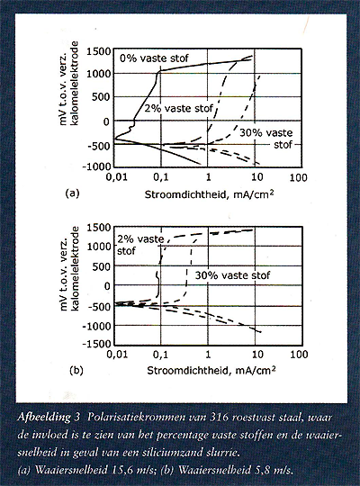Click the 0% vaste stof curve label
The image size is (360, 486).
[154, 58]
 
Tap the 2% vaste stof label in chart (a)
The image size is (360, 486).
[179, 108]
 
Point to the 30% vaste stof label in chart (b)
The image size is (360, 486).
[232, 275]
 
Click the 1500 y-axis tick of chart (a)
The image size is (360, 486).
[98, 51]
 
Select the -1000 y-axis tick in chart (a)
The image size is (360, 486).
[96, 166]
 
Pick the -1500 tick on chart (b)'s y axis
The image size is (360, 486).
[96, 344]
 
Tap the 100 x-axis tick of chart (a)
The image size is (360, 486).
[298, 178]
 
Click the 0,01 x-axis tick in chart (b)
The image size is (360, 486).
[117, 355]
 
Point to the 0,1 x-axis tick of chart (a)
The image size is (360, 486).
[160, 177]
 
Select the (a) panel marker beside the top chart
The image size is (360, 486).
[73, 193]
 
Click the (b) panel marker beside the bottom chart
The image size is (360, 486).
[76, 371]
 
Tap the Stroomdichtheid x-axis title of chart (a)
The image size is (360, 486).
[210, 194]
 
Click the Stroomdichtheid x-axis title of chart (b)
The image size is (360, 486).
[211, 370]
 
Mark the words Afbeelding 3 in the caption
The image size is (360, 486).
[49, 418]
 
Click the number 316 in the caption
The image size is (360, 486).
[219, 418]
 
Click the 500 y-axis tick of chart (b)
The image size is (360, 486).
[103, 266]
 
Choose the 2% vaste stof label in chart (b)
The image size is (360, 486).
[140, 245]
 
